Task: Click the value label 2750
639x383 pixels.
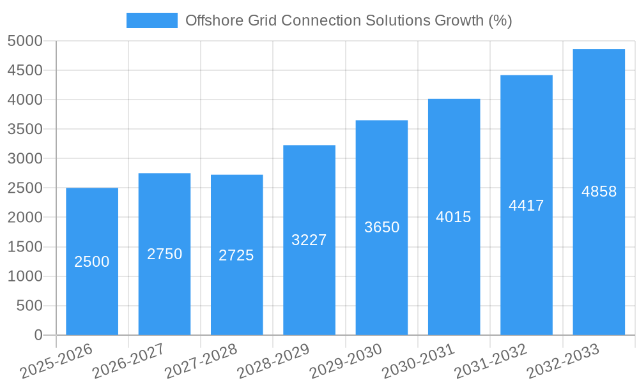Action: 165,254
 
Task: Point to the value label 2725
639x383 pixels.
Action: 236,255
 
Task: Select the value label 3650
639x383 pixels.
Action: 381,227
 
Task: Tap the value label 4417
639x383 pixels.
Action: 526,206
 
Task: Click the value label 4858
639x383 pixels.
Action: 599,191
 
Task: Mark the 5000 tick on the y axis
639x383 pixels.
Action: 25,41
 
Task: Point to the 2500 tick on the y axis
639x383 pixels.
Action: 25,188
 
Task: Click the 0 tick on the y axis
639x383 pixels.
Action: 38,335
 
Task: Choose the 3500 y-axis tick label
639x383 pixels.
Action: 25,130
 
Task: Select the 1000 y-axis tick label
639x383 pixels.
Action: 25,276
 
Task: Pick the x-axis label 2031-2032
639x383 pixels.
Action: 491,361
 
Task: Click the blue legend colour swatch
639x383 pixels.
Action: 152,20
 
